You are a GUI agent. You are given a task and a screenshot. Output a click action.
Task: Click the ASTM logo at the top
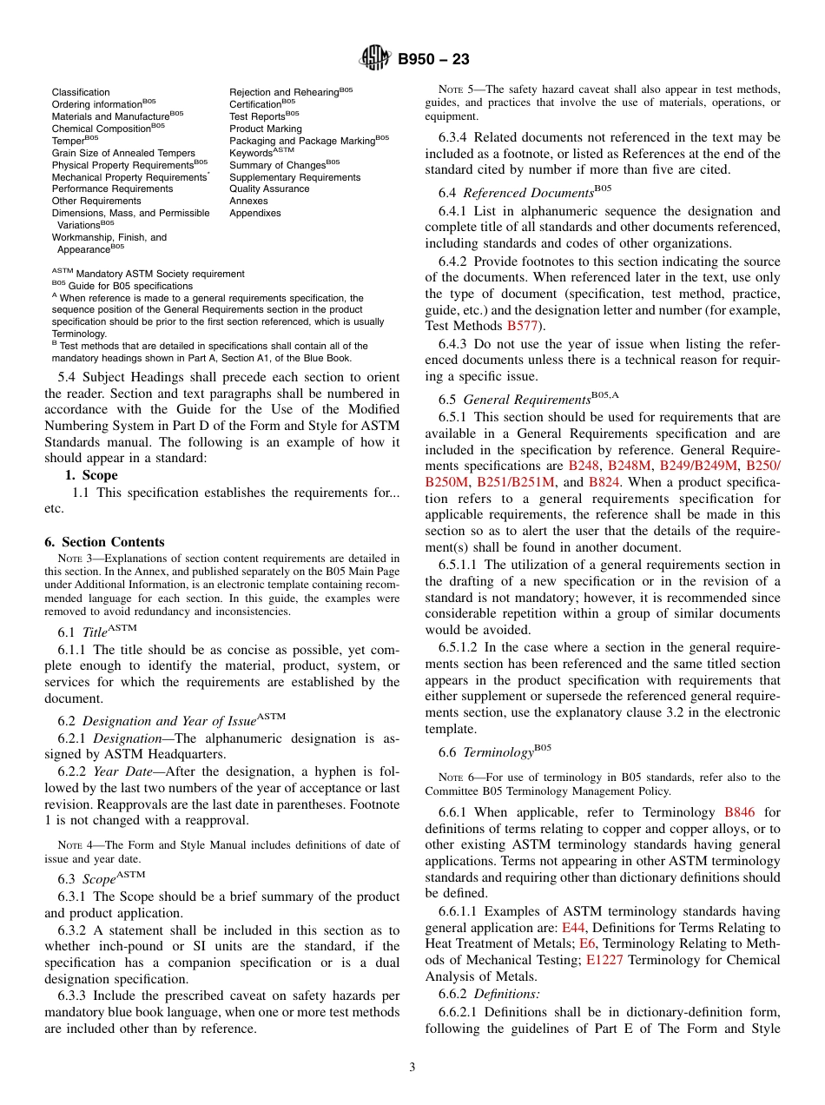pos(375,59)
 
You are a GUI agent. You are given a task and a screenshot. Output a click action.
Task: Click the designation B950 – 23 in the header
pos(433,60)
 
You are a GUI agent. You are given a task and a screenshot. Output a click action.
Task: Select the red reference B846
pos(739,812)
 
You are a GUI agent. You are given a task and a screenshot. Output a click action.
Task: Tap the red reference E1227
pos(604,960)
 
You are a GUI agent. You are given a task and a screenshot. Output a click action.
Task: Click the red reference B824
pos(604,482)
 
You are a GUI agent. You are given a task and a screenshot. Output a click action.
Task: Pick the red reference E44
pos(573,928)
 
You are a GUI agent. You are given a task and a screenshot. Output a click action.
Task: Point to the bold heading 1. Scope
pos(91,475)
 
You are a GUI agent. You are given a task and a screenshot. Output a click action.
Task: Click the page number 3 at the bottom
pos(412,1068)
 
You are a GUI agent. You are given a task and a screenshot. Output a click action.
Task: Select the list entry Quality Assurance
pos(269,189)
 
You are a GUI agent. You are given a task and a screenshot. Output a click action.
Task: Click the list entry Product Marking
pos(266,129)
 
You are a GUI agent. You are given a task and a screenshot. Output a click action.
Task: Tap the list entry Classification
pos(81,92)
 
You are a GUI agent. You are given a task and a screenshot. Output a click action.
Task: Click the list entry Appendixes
pos(255,213)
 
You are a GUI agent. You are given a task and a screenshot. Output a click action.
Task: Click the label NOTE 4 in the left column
pos(74,844)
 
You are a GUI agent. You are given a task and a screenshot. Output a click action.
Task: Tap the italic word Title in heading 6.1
pos(95,633)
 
